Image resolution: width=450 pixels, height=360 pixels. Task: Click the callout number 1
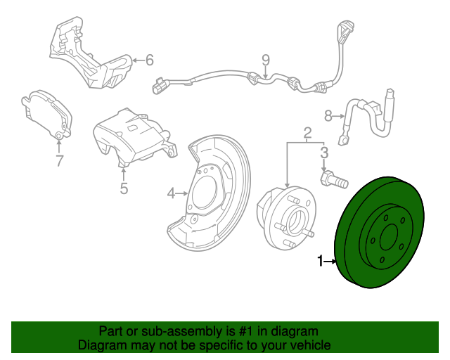coord(321,262)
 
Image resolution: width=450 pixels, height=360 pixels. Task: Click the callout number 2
coord(307,133)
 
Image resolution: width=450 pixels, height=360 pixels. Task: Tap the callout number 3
coord(323,152)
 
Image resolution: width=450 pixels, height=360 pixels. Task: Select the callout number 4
coord(171,193)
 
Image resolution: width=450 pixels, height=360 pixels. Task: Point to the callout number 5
coord(124,188)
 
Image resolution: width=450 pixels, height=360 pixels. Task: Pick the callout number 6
coord(149,60)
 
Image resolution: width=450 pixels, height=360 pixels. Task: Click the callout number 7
coord(59,161)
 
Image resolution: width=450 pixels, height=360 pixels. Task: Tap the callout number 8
coord(328,115)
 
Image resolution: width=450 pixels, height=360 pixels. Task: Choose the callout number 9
coord(266,60)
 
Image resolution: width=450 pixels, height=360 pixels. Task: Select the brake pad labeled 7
coord(46,112)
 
